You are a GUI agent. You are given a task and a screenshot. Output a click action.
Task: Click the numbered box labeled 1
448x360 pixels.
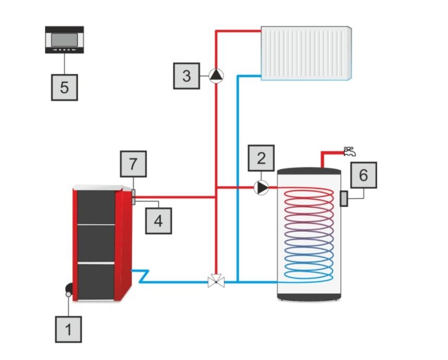tap(68, 330)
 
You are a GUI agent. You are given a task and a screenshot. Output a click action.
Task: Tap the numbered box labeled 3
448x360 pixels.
tap(186, 76)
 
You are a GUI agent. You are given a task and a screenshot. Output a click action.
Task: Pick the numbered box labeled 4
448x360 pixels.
tap(158, 220)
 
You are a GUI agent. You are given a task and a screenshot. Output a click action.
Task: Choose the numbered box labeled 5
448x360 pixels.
tap(64, 87)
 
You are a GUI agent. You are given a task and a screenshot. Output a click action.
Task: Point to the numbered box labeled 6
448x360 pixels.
tap(363, 175)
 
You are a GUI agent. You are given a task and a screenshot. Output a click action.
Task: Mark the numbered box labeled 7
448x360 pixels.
tap(133, 164)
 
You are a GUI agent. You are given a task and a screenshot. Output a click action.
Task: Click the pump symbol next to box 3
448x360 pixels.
tap(216, 76)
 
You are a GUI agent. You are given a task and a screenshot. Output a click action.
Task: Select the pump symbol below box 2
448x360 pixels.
tap(261, 187)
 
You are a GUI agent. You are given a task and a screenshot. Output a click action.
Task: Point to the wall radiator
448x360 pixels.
tap(306, 53)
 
